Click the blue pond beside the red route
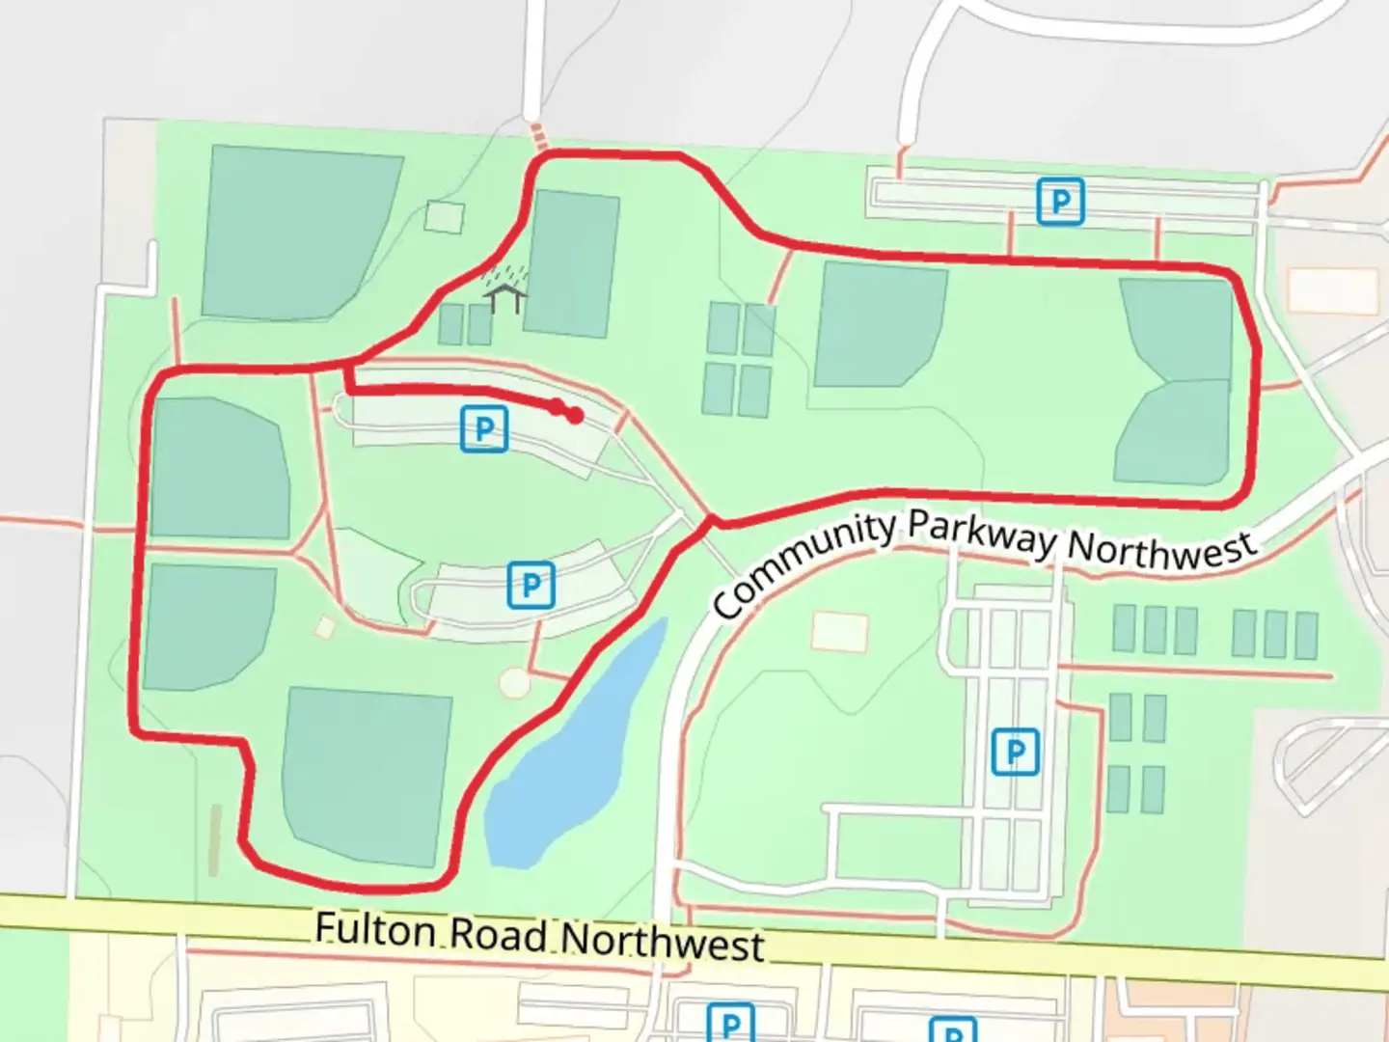(569, 753)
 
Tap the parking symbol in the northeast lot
(1060, 202)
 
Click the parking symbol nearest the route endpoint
(484, 428)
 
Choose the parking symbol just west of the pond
(531, 584)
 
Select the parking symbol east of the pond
(1015, 751)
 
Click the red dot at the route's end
(575, 416)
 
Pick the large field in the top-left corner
(299, 232)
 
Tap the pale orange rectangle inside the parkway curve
(840, 631)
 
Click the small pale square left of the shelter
(444, 216)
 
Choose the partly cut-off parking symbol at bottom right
(952, 1029)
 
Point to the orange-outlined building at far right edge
(1333, 290)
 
